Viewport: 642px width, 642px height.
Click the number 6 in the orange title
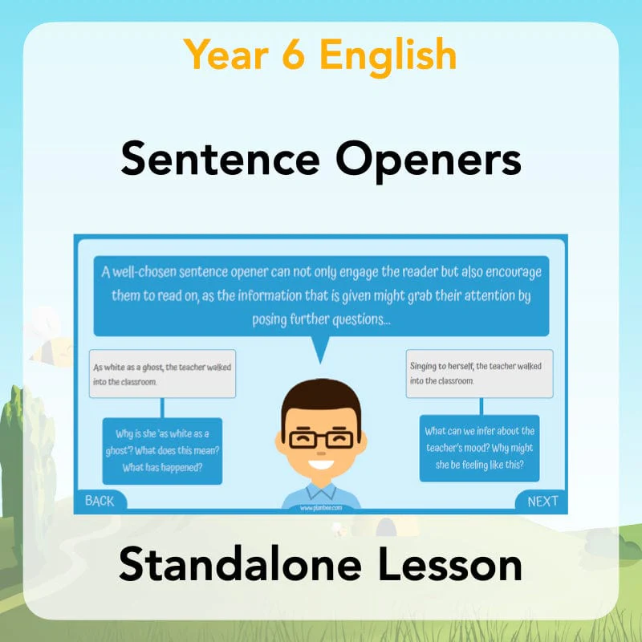tap(293, 55)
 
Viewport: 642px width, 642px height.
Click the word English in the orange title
tap(388, 56)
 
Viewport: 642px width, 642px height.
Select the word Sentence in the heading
tap(220, 159)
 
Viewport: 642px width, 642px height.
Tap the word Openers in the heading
tap(429, 161)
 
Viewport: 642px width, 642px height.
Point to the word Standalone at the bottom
tap(240, 564)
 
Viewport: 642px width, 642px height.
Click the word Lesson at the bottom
tap(450, 564)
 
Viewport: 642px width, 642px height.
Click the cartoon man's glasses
tap(321, 438)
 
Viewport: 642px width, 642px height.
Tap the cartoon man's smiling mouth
tap(321, 465)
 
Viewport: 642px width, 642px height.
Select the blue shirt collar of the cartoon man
tap(322, 491)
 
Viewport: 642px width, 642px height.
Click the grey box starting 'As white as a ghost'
tap(163, 373)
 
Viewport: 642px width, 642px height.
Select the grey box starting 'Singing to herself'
tap(479, 373)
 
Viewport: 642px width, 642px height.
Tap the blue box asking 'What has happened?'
tap(162, 451)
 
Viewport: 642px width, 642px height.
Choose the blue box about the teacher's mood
tap(479, 448)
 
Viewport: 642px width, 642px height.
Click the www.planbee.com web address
tap(320, 508)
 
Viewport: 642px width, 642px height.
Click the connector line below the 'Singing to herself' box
tap(481, 407)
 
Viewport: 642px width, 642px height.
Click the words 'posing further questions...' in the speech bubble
tap(322, 319)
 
